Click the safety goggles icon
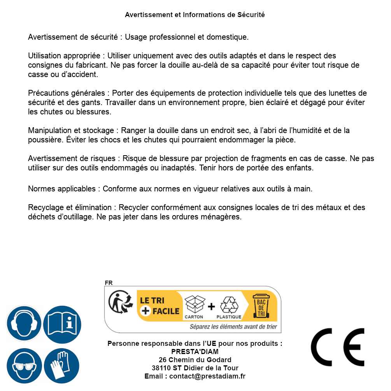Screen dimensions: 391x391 pos(23,366)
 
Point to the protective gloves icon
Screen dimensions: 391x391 pos(62,366)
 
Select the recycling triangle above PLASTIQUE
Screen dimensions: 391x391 pos(228,305)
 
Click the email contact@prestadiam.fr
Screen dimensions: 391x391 pos(207,376)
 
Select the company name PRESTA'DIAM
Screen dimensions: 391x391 pos(195,352)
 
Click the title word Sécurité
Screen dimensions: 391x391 pos(251,15)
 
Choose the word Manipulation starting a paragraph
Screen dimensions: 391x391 pos(49,130)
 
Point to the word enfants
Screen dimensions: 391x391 pos(300,168)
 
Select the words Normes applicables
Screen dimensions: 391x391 pos(62,189)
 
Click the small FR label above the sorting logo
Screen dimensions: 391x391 pos(109,283)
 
